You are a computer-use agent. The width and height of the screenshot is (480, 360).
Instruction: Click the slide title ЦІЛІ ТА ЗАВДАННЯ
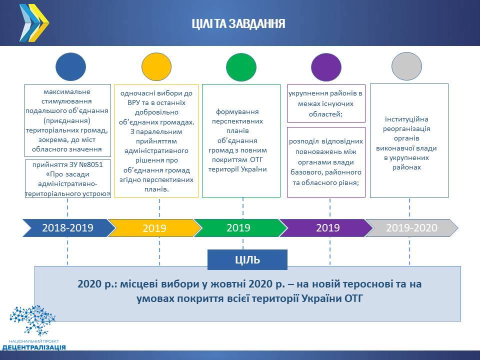tap(238, 23)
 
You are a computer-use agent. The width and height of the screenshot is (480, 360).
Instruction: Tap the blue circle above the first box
tap(70, 66)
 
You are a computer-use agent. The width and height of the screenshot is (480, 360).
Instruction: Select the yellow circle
tap(156, 66)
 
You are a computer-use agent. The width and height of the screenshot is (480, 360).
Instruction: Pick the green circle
tap(241, 67)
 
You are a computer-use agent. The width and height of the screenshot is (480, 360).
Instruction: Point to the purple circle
tap(326, 67)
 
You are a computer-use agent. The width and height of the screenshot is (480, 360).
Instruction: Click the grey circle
tap(407, 66)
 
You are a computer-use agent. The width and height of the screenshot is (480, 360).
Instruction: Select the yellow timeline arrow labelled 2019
tap(155, 228)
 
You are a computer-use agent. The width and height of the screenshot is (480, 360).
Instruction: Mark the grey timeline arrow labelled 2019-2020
tap(412, 228)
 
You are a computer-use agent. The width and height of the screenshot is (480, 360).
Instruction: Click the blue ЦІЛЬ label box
tap(247, 259)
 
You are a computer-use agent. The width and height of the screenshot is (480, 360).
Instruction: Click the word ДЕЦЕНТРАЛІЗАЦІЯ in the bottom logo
tap(34, 347)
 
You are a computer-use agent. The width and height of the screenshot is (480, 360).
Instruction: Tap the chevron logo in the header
tap(34, 23)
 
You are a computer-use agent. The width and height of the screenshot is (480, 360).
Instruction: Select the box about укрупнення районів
tap(326, 103)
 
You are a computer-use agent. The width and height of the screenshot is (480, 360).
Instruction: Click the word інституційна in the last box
tap(406, 119)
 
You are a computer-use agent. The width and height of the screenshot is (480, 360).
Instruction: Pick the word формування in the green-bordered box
tap(237, 111)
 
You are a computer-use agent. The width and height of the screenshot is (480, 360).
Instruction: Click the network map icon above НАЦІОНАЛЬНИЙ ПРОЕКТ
tap(33, 320)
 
